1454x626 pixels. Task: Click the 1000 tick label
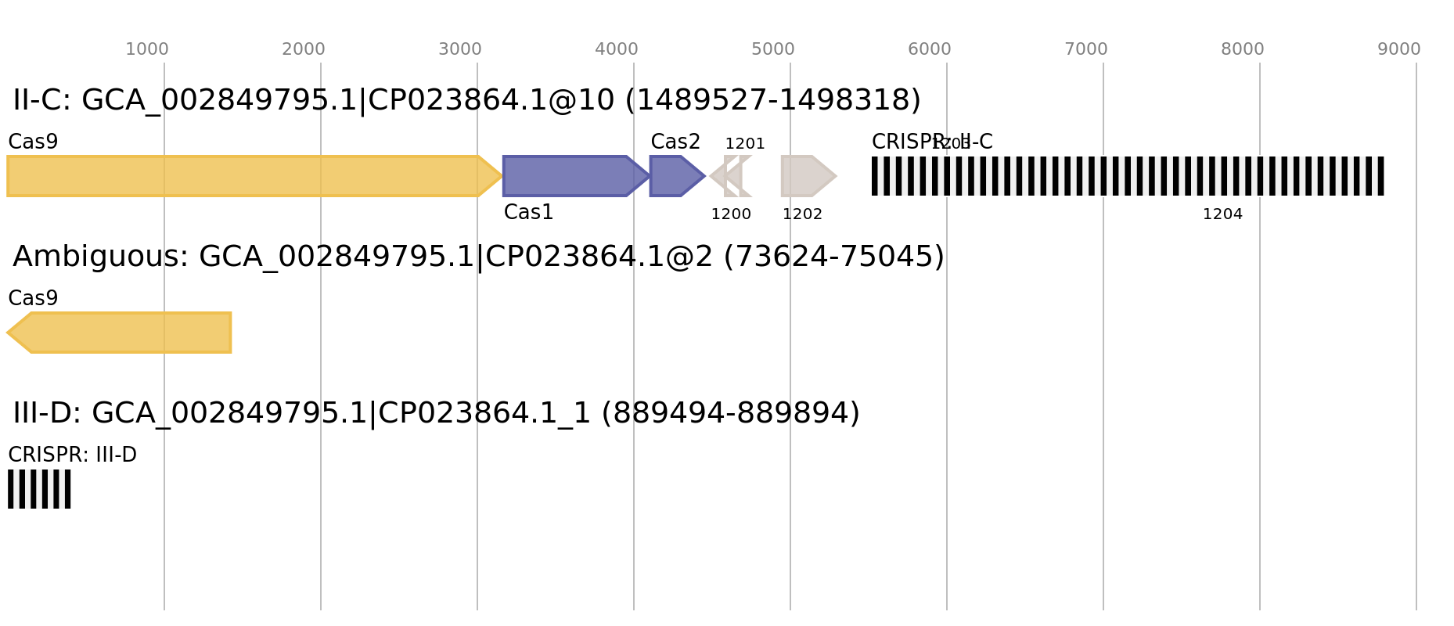pyautogui.click(x=147, y=49)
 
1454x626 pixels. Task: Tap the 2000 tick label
pyautogui.click(x=304, y=49)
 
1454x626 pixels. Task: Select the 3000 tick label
pyautogui.click(x=460, y=49)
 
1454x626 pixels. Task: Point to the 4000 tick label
pyautogui.click(x=617, y=49)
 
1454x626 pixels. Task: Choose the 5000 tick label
pyautogui.click(x=773, y=49)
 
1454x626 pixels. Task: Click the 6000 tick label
pyautogui.click(x=930, y=49)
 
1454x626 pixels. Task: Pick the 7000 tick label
pyautogui.click(x=1086, y=49)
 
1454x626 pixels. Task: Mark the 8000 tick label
pyautogui.click(x=1243, y=49)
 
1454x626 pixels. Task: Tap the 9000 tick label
pyautogui.click(x=1399, y=49)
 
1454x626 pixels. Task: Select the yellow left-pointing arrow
pyautogui.click(x=125, y=333)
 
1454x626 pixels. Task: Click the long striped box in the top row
pyautogui.click(x=1128, y=176)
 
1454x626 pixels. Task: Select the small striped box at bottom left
pyautogui.click(x=39, y=489)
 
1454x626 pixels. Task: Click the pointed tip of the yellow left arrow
pyautogui.click(x=7, y=333)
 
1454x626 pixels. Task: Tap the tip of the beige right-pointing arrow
pyautogui.click(x=837, y=176)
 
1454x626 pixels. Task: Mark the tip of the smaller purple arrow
pyautogui.click(x=705, y=176)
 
